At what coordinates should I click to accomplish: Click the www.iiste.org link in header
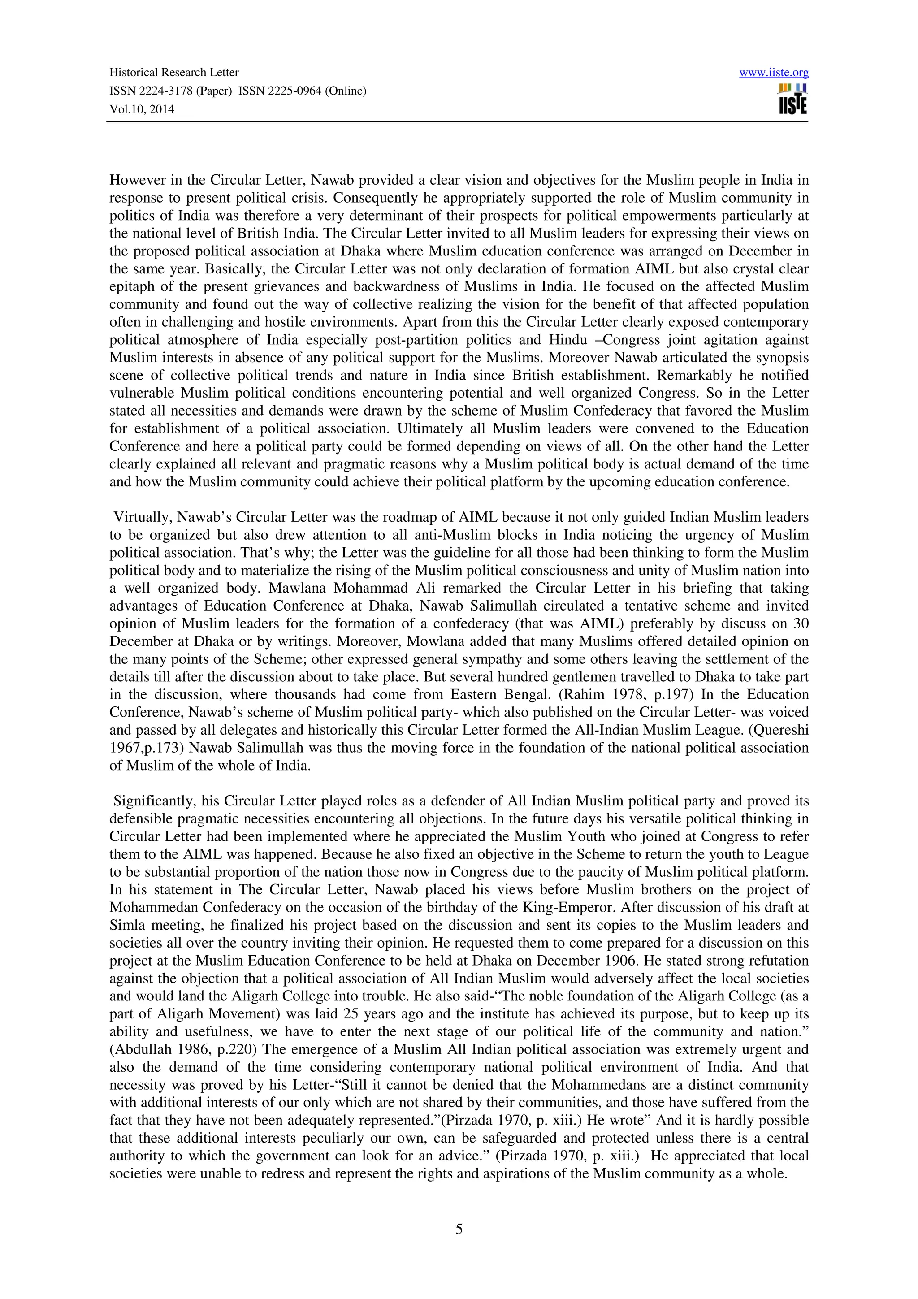773,73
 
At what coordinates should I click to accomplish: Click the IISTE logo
792,100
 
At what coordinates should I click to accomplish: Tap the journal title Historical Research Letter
173,73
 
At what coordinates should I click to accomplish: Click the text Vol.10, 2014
141,110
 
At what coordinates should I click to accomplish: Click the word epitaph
128,287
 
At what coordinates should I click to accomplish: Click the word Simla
125,926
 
